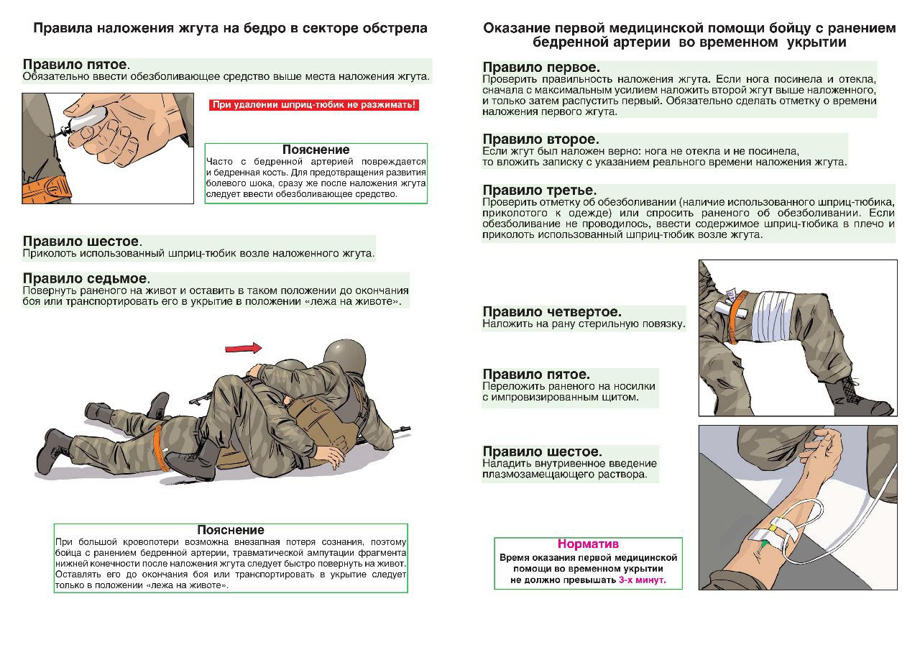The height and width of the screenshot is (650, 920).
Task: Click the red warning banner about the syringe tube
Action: coord(313,105)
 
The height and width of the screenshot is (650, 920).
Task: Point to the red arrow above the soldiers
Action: coord(244,348)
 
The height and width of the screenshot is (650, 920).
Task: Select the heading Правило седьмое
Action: coord(85,278)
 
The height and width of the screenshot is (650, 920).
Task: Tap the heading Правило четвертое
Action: coord(552,312)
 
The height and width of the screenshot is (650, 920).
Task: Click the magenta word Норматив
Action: coord(588,544)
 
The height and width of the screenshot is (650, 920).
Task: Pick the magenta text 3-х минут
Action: coord(642,579)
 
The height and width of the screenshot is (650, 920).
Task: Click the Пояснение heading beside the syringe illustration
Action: coord(316,150)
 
